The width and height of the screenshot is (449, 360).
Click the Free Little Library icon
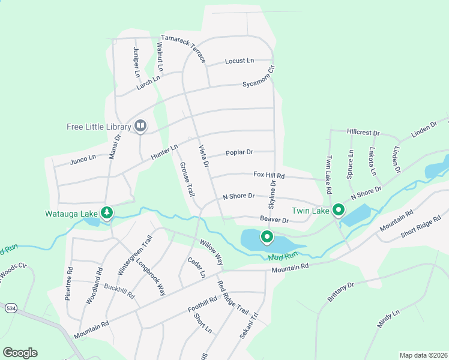140,125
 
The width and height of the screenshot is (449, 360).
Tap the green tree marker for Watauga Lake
107,212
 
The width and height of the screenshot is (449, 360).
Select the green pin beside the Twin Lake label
339,210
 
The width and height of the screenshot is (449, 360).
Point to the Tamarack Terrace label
179,49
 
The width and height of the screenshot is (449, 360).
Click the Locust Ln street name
240,61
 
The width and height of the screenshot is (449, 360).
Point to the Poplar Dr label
240,152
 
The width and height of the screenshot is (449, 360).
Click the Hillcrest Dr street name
364,132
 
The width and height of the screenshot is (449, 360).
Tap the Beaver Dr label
274,220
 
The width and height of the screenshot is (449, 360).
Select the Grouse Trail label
187,179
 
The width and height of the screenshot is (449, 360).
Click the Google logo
20,353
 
